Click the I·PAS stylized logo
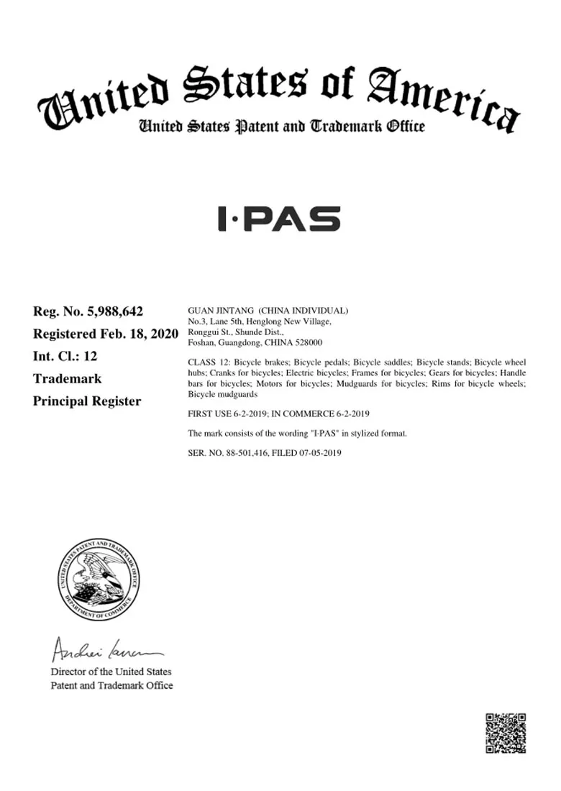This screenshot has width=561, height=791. coord(279,219)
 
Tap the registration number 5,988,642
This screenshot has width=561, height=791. coord(114,311)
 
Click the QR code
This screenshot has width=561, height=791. coord(506,733)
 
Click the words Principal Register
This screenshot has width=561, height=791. coord(87,401)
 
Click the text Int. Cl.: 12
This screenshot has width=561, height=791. coord(65,356)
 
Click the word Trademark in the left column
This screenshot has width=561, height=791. coord(68,378)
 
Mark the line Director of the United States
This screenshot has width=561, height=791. coord(111,672)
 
